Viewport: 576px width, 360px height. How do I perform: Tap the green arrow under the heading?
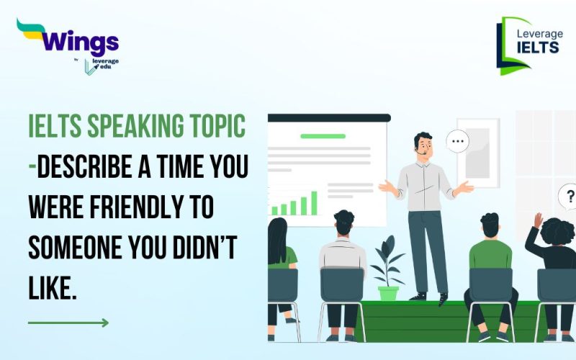point(68,323)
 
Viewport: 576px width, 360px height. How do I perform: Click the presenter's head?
point(423,143)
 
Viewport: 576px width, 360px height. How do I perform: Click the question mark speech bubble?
point(569,195)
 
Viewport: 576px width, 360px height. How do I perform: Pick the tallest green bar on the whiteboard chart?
point(314,202)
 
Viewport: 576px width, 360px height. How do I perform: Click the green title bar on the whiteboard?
point(323,135)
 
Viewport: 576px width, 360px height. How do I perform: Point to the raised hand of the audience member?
point(538,219)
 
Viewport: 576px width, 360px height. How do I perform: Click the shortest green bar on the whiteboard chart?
point(274,211)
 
